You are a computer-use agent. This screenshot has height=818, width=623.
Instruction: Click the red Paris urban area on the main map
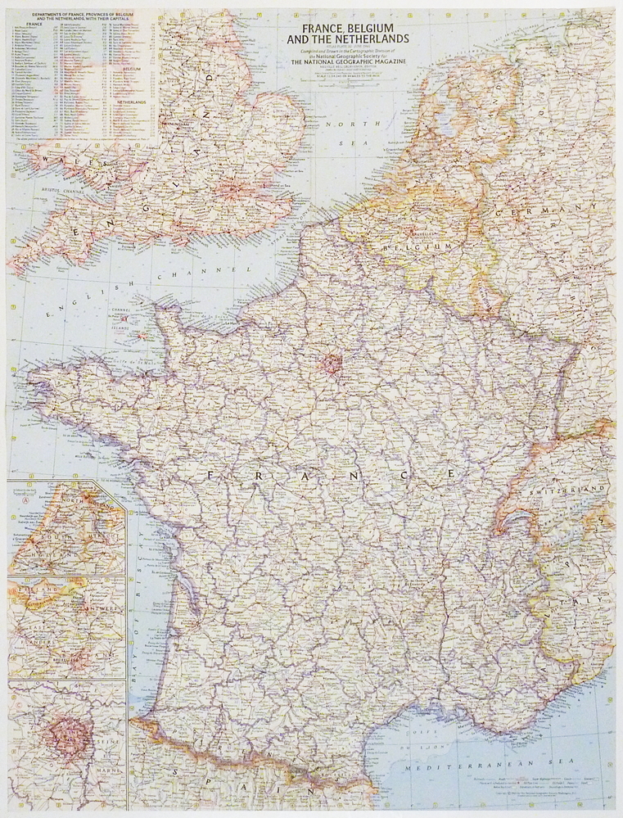332,361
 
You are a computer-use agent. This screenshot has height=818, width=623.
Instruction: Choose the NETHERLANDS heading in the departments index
127,102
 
